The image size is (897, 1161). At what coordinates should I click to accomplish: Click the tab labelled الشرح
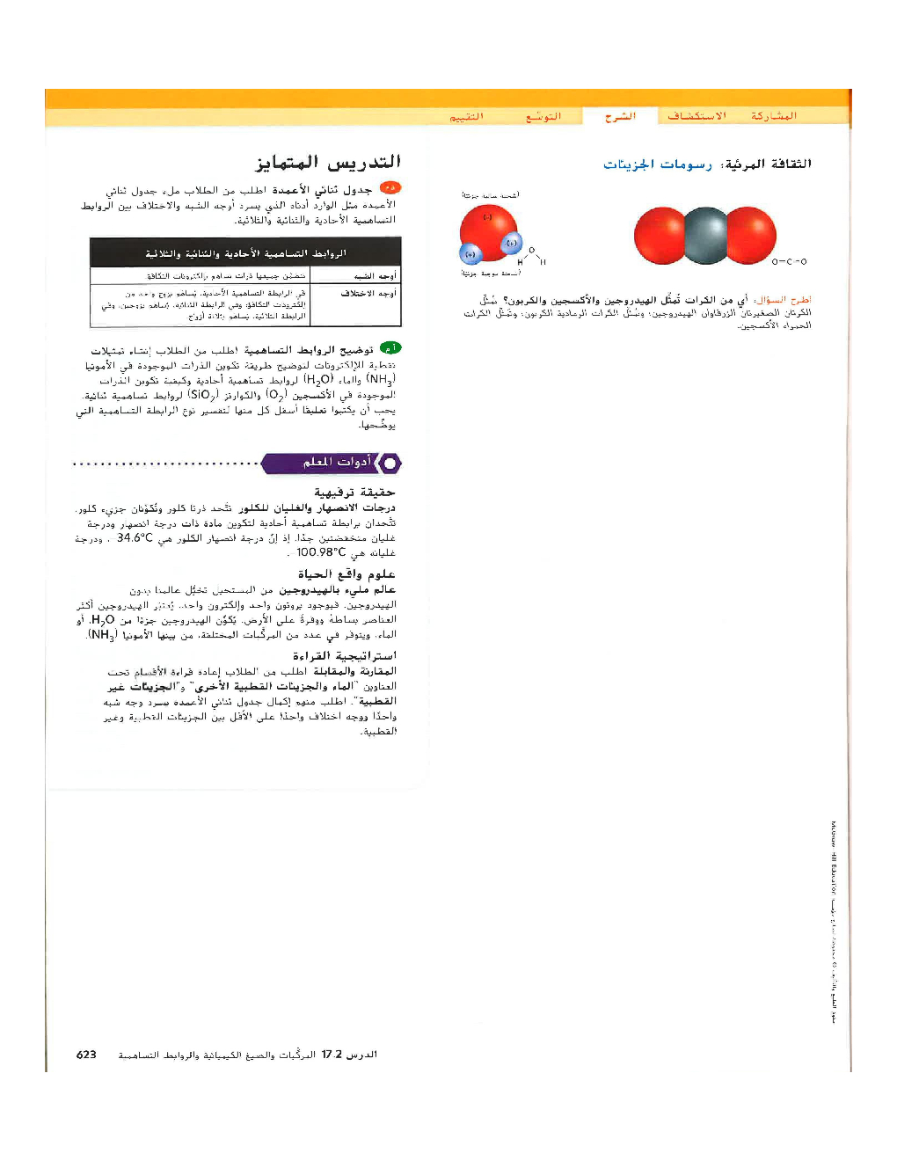(620, 116)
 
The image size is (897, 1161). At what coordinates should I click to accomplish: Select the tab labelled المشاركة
(773, 116)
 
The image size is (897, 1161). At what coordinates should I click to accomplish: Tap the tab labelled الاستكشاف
(696, 116)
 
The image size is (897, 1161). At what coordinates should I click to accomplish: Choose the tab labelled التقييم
(466, 116)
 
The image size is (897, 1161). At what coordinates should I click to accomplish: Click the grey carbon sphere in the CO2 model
(705, 236)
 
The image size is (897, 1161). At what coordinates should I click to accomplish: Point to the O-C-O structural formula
(789, 261)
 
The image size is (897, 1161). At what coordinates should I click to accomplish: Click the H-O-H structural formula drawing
(531, 257)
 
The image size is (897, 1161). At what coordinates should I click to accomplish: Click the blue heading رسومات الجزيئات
(658, 164)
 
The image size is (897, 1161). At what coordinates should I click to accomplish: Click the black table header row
(245, 253)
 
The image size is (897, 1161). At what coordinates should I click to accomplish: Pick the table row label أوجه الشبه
(376, 276)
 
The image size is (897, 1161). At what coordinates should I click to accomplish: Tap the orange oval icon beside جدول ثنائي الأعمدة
(390, 187)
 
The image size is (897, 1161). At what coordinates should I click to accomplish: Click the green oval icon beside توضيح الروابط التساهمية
(390, 348)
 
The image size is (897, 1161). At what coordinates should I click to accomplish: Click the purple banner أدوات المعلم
(331, 463)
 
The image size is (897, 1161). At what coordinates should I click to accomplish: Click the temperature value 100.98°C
(321, 552)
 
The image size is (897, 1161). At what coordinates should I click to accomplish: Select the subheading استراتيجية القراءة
(344, 656)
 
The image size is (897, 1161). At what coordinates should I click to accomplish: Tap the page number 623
(86, 1055)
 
